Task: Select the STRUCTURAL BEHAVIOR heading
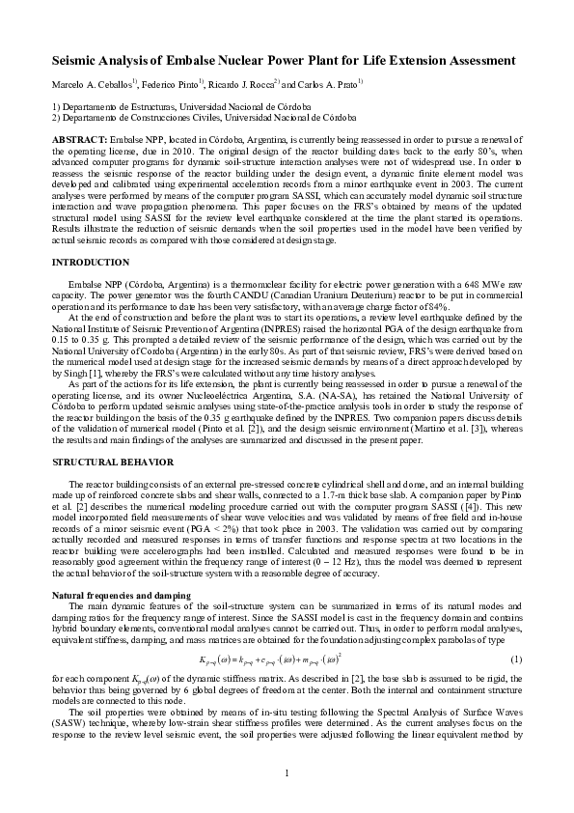(x=106, y=464)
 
